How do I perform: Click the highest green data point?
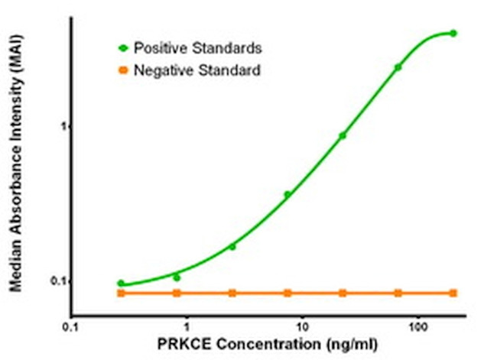point(453,34)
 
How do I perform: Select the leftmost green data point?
point(121,284)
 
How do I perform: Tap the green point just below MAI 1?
point(343,136)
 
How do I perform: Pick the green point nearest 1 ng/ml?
point(177,277)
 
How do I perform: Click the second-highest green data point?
point(398,67)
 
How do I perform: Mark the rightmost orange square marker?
point(453,293)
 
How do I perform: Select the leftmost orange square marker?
point(121,293)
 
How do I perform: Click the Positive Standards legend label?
point(198,48)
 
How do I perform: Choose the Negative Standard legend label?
point(197,70)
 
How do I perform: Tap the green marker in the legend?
point(123,48)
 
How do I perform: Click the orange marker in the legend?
point(123,70)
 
